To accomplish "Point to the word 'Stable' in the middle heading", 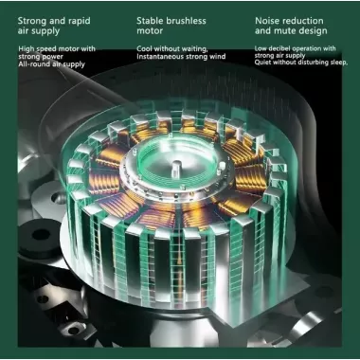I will coord(152,18).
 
